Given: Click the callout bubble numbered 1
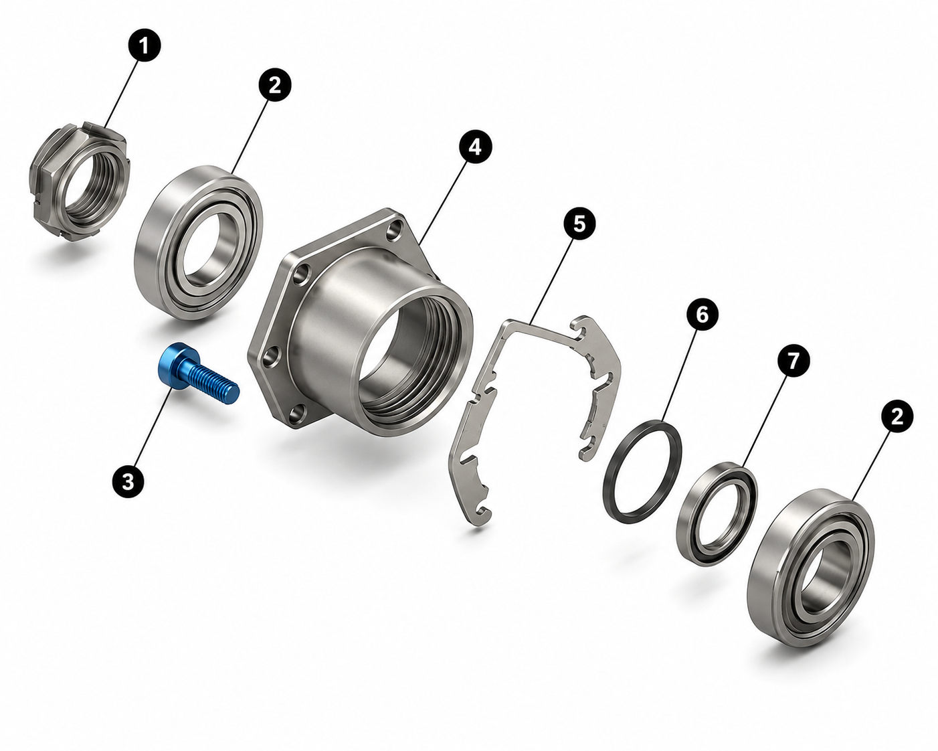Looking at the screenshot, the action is click(145, 46).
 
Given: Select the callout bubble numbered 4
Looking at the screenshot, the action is click(476, 147).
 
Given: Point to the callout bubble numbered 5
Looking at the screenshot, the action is click(579, 224).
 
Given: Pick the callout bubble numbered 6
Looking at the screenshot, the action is click(702, 315).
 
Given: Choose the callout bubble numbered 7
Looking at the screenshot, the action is click(793, 360).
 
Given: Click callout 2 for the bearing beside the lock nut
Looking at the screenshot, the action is click(274, 85).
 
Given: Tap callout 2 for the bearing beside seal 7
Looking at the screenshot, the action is click(897, 417).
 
